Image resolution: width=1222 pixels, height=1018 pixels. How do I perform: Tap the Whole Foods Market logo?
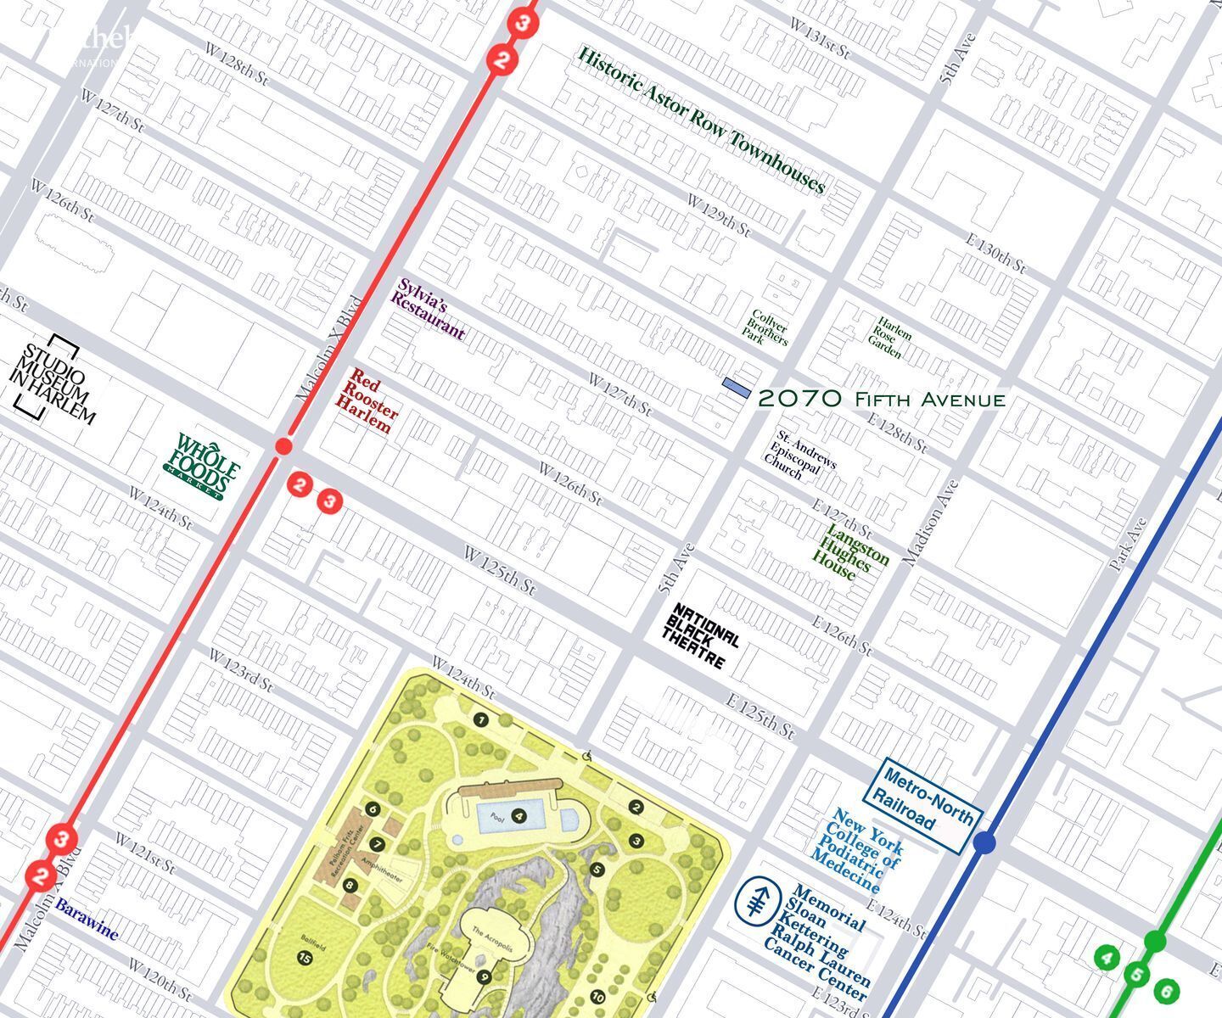(203, 467)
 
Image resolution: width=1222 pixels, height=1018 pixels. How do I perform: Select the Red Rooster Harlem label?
(367, 401)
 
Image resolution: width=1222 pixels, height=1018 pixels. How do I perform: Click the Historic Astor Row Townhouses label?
(701, 120)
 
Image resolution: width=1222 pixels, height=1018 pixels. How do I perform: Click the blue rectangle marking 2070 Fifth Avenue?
(736, 387)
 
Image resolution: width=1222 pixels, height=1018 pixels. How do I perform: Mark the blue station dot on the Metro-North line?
(984, 843)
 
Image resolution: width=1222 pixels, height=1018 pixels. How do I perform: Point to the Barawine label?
(87, 920)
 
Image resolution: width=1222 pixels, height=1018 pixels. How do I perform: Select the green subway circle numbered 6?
(1167, 991)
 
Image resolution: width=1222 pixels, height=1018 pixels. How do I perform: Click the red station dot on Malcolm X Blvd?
(284, 446)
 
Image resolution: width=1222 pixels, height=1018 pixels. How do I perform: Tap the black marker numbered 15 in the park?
(304, 958)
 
